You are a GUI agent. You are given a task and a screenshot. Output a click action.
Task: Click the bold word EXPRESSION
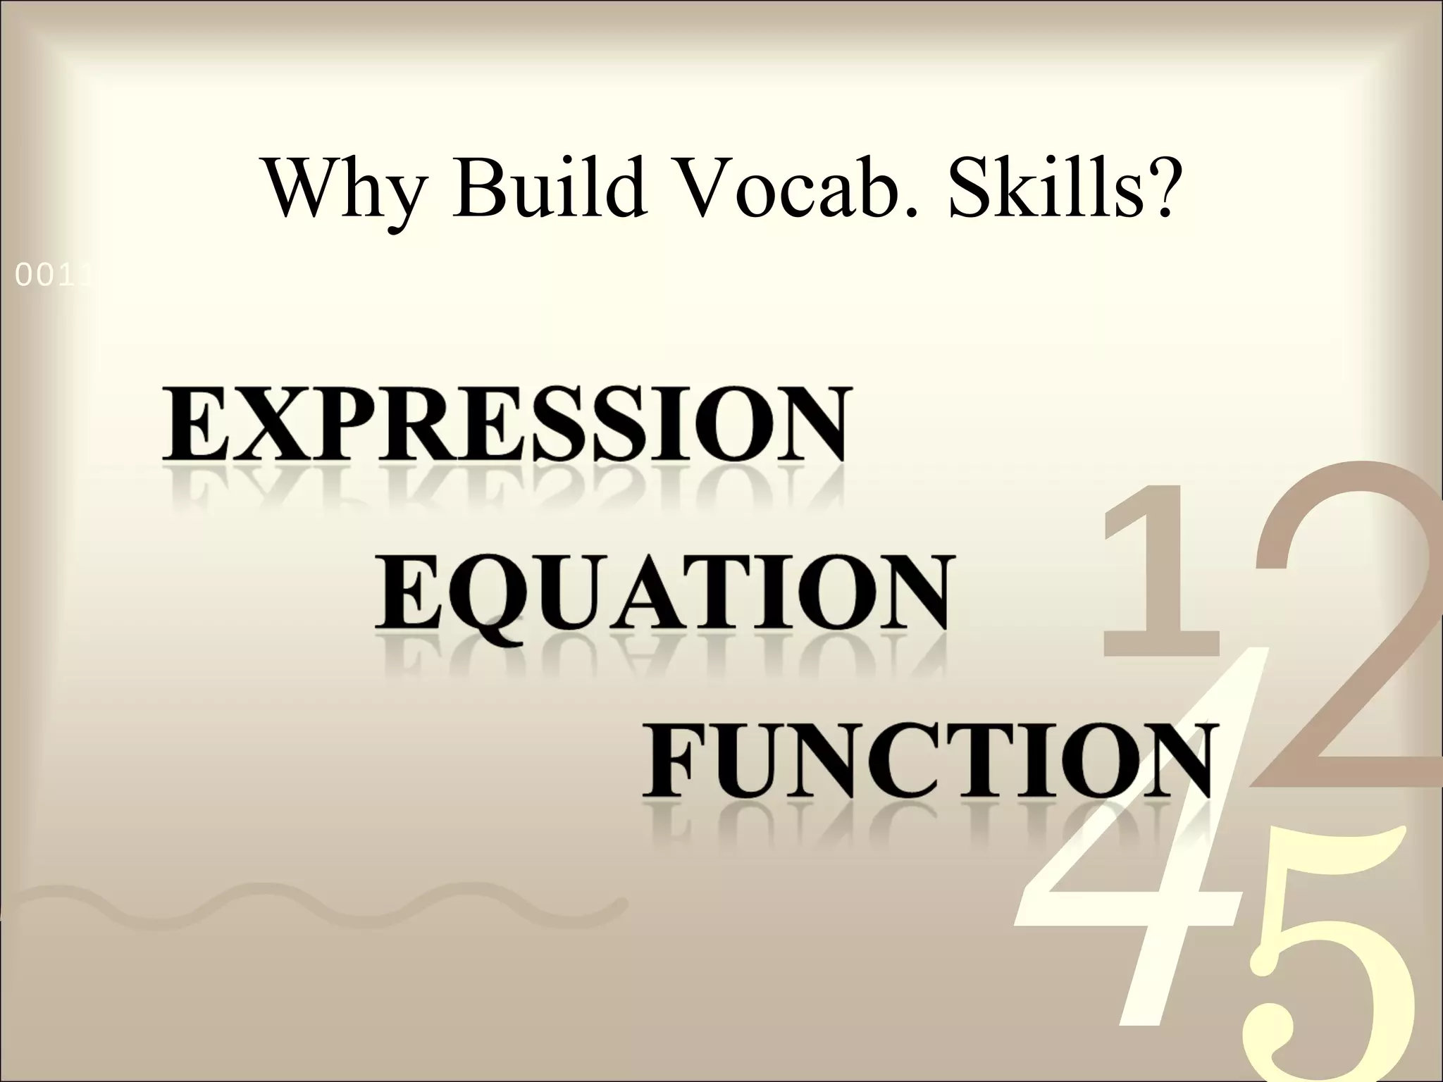tap(504, 424)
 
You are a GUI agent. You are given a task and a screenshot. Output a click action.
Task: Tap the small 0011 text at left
tap(54, 278)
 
